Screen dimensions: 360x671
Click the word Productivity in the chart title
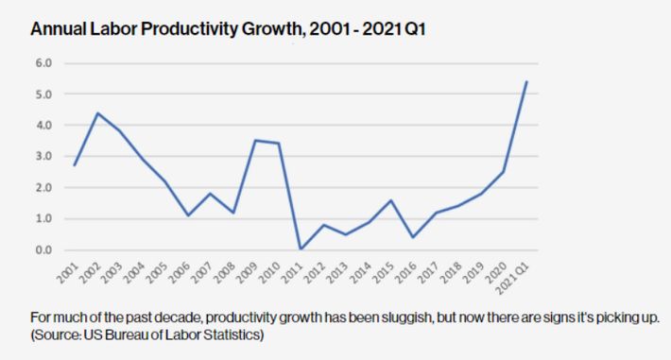(x=163, y=29)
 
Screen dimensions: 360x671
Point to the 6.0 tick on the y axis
(x=44, y=63)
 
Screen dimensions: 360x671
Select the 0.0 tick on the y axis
(x=44, y=250)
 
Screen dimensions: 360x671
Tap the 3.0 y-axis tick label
(x=44, y=157)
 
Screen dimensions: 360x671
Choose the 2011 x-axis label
(x=296, y=275)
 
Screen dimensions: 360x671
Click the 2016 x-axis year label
(x=409, y=275)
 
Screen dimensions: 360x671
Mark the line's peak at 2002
(x=97, y=113)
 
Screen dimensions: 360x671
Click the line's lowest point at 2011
(x=300, y=249)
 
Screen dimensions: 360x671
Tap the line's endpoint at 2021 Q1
(x=525, y=81)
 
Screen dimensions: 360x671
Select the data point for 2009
(x=255, y=141)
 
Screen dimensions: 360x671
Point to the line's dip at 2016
(x=413, y=237)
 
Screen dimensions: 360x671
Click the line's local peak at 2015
(x=390, y=200)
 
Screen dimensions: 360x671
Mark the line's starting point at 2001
(x=75, y=165)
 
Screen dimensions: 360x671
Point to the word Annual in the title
(x=53, y=29)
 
